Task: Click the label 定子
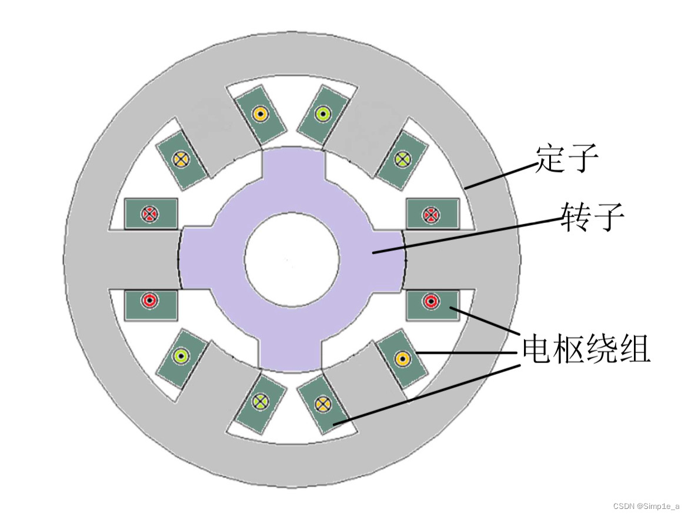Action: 566,158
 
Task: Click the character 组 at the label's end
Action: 636,350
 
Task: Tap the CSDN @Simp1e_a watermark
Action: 646,506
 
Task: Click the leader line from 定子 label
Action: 500,174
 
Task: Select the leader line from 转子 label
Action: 465,235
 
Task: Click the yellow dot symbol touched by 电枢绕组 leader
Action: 402,358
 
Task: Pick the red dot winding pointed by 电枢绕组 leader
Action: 431,302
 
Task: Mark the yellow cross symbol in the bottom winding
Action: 321,404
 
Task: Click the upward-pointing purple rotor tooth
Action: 292,171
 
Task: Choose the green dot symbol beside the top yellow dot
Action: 322,113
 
